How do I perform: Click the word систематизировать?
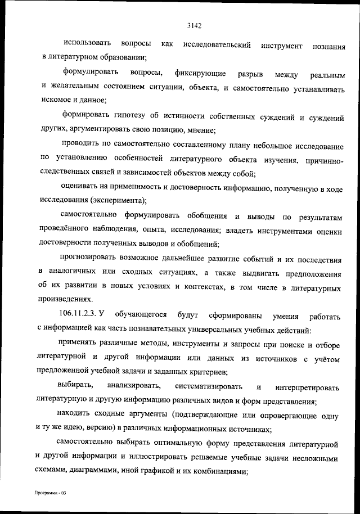pos(209,387)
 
